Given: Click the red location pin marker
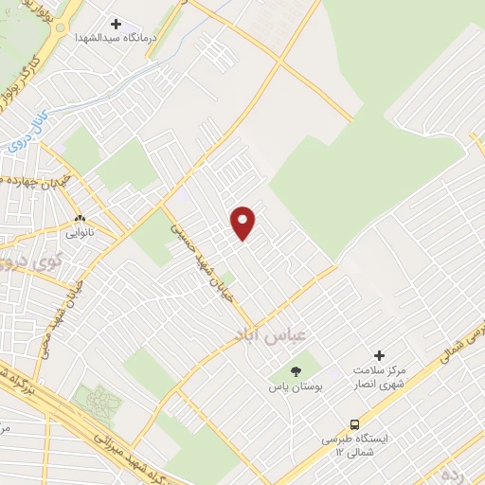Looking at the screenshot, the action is (x=243, y=222).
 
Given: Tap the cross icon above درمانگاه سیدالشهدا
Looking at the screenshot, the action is (x=117, y=24).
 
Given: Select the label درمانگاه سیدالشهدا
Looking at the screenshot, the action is (x=117, y=41).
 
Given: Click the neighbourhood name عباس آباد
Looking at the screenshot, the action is (x=264, y=335).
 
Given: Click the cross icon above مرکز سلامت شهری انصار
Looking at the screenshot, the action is (x=379, y=354).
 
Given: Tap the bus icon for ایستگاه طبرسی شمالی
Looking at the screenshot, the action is (x=354, y=424).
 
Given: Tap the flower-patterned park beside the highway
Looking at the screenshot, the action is (x=99, y=401).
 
